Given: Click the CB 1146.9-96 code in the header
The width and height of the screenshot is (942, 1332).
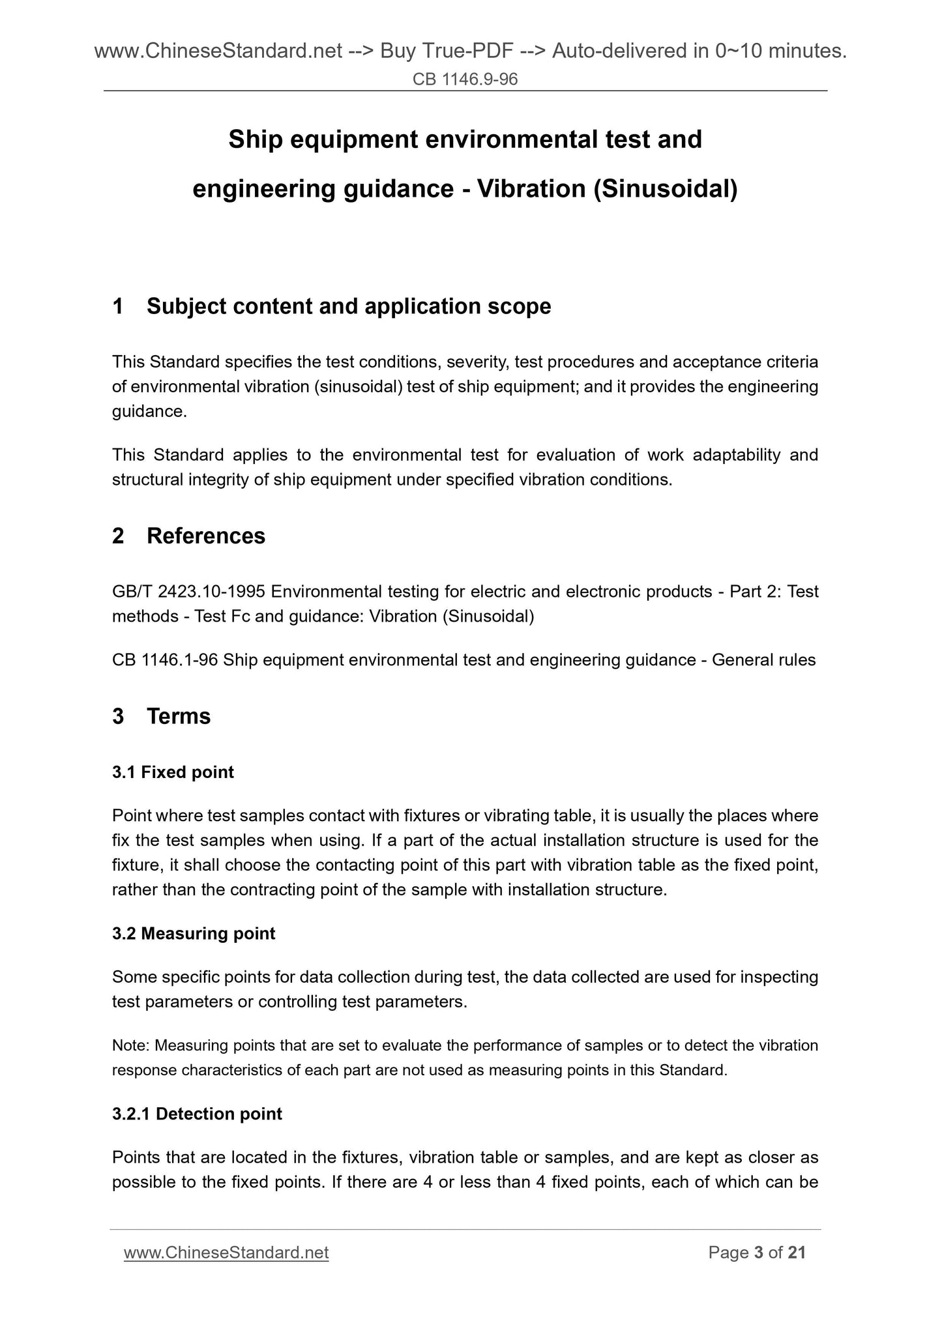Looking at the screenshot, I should pyautogui.click(x=465, y=80).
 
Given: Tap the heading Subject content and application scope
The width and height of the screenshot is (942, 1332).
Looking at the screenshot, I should pyautogui.click(x=349, y=306).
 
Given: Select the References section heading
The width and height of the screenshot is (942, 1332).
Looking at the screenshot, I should pyautogui.click(x=206, y=536).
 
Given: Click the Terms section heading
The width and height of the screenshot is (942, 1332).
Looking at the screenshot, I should pyautogui.click(x=179, y=716).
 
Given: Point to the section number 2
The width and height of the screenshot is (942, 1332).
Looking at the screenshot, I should pyautogui.click(x=118, y=536).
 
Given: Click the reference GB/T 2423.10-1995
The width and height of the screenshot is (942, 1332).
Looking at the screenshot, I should pyautogui.click(x=188, y=592).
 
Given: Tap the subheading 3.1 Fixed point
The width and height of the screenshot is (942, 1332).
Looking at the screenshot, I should pyautogui.click(x=173, y=772).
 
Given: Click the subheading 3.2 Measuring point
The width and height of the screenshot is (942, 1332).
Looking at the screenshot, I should pyautogui.click(x=194, y=934).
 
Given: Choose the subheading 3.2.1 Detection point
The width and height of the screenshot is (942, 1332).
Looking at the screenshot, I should pyautogui.click(x=197, y=1114).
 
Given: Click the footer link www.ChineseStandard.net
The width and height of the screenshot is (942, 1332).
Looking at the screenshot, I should pyautogui.click(x=226, y=1253).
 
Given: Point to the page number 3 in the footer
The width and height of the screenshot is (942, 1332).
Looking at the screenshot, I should pyautogui.click(x=758, y=1253).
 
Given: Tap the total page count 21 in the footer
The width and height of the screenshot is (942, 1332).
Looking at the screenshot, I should pyautogui.click(x=797, y=1253).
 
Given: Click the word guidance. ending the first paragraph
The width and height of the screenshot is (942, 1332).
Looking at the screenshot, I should pyautogui.click(x=149, y=412).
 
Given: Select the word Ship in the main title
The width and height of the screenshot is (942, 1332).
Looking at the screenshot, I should pyautogui.click(x=256, y=139).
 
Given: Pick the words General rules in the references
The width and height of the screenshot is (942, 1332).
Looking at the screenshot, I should pyautogui.click(x=763, y=660).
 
